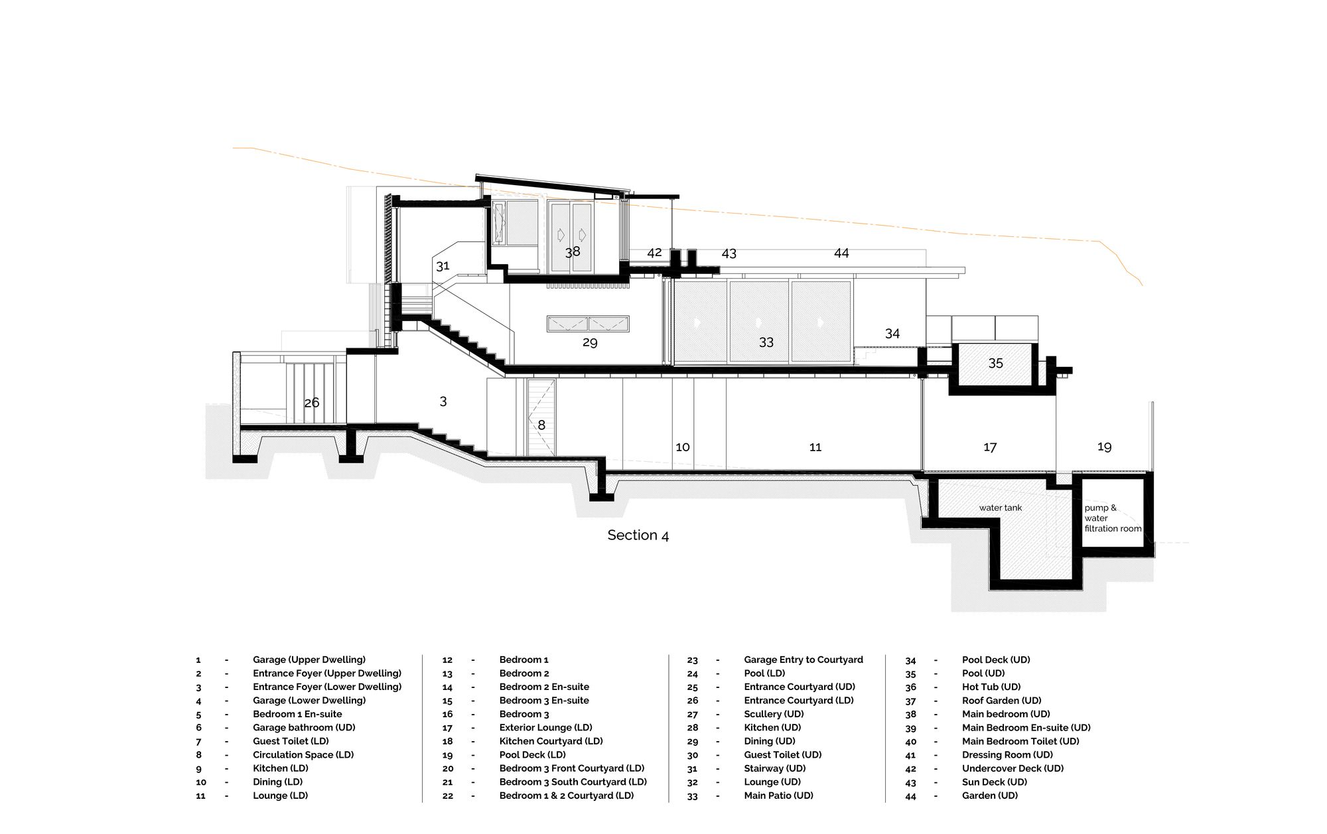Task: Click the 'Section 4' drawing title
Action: tap(638, 535)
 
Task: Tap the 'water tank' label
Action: tap(1001, 508)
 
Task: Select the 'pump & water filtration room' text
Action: tap(1113, 518)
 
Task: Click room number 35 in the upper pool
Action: tap(995, 363)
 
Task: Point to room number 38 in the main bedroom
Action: tap(573, 251)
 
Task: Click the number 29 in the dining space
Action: tap(590, 342)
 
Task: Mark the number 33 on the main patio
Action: tap(766, 342)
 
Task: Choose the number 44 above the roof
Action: tap(841, 253)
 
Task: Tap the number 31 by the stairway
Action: tap(443, 266)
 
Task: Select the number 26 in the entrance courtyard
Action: tap(311, 403)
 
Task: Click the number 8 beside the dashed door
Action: tap(541, 425)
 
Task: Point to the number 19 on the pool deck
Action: tap(1104, 447)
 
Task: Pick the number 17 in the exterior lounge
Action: tap(990, 447)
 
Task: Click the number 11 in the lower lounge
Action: tap(815, 447)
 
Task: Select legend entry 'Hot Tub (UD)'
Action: tap(991, 687)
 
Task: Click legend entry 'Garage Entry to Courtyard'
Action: tap(803, 660)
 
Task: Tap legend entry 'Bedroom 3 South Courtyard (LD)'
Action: tap(573, 782)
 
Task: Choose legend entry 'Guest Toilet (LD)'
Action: tap(291, 741)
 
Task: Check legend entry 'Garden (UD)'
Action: tap(990, 796)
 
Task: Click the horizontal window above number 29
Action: tap(588, 324)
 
